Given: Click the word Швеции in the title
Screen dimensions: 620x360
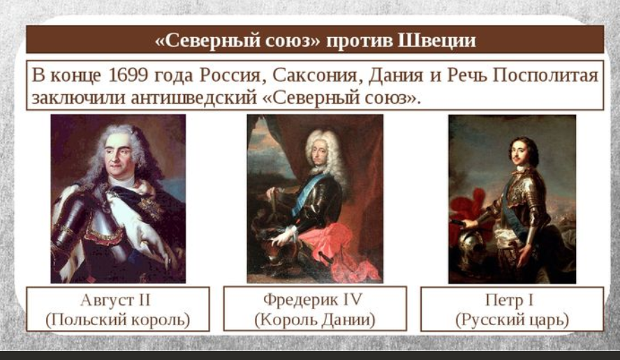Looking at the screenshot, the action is pos(436,40).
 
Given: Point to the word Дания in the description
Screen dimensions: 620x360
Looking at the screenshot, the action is pos(395,75).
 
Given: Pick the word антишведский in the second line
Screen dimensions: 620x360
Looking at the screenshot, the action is pos(194,98).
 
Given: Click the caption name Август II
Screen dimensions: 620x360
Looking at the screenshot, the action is pos(115,300).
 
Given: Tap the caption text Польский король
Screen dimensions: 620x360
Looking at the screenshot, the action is pos(117,320).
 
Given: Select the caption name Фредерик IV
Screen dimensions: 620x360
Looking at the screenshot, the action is pos(313,299).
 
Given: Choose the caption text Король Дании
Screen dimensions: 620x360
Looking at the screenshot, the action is pos(315,320).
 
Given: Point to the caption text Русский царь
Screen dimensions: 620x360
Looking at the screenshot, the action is pos(512,320).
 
